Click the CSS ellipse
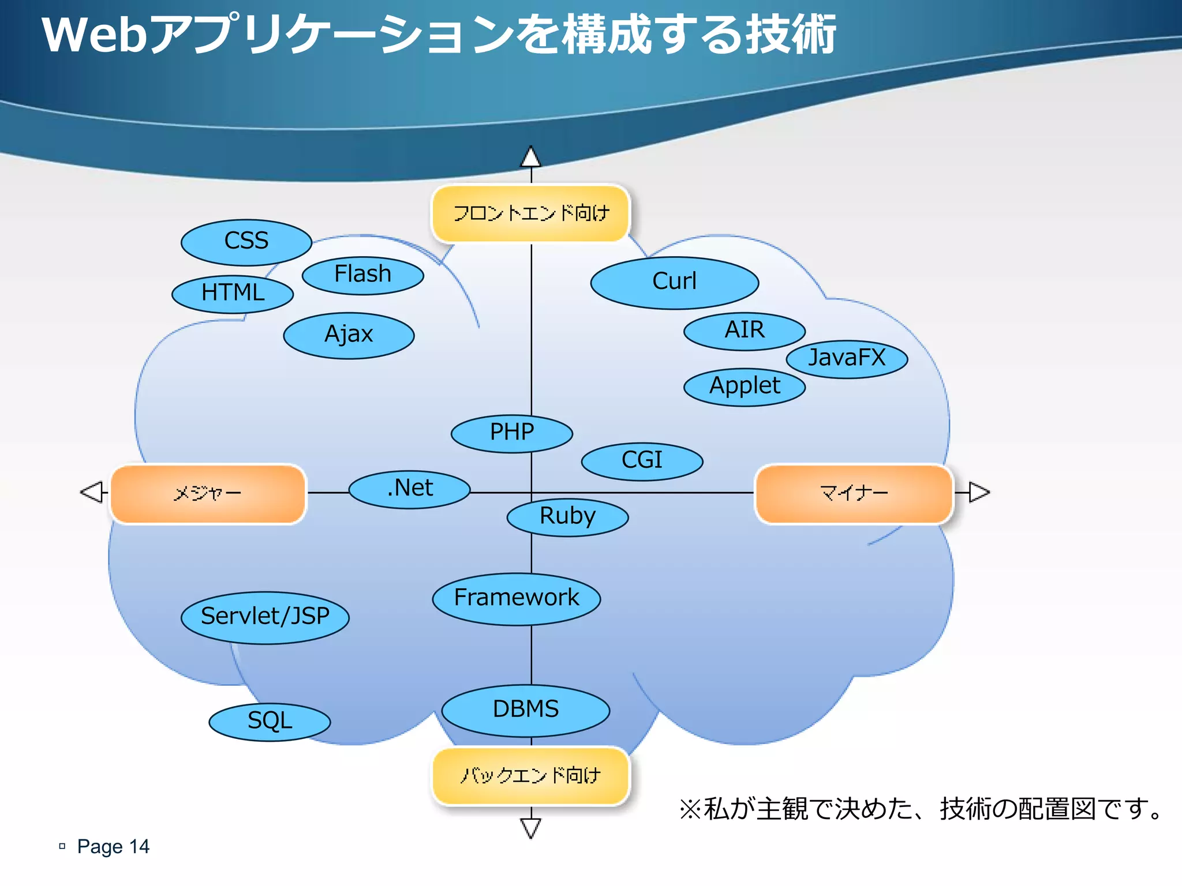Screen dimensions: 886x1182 (x=246, y=242)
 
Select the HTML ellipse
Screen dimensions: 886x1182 (x=233, y=294)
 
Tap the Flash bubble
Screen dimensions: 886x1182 (x=363, y=275)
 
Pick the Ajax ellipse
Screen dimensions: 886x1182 (x=349, y=335)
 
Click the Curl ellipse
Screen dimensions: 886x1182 (x=674, y=283)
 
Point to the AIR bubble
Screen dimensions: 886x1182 (x=745, y=331)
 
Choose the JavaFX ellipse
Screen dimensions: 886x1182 (x=847, y=359)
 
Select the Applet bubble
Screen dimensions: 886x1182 (x=745, y=386)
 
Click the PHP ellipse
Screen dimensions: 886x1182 (x=511, y=433)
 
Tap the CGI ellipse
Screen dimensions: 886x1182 (x=642, y=461)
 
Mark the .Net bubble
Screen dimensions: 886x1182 (x=410, y=489)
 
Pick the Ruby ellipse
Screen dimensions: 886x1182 (x=567, y=517)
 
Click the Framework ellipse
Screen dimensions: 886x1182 (x=517, y=599)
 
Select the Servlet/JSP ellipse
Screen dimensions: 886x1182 (x=265, y=617)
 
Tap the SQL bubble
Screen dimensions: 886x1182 (x=270, y=722)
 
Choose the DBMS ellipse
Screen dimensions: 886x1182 (x=526, y=710)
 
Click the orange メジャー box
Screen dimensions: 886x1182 (x=208, y=494)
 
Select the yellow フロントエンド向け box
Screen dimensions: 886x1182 (x=530, y=213)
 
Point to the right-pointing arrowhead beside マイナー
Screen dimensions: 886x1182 (x=979, y=492)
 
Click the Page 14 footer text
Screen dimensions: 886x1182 (x=113, y=846)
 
